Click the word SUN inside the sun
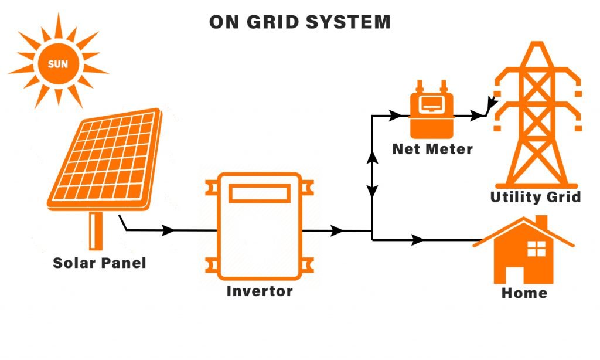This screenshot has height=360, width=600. click(57, 64)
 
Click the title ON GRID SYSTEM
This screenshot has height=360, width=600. click(299, 22)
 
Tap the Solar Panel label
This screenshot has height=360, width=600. click(100, 263)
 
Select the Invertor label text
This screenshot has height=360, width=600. click(260, 291)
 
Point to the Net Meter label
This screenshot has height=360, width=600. click(432, 149)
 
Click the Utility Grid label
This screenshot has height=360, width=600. click(536, 197)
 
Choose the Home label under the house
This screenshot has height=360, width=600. click(524, 293)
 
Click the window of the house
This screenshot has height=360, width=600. click(536, 249)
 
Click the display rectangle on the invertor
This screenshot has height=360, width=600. click(260, 193)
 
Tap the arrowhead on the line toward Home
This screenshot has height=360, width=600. click(418, 240)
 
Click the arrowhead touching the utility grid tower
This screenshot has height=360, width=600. click(491, 106)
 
